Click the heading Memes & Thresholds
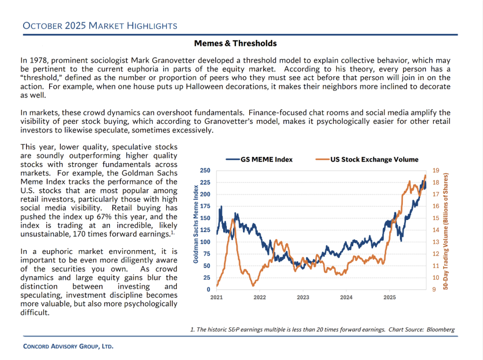235,43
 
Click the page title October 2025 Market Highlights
100,25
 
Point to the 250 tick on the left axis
205,171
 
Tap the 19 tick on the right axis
436,171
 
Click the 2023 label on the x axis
303,297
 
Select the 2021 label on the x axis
217,297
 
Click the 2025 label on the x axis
390,297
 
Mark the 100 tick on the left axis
205,242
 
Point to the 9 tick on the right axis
434,289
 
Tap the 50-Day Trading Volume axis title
446,230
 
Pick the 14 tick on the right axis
436,230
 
